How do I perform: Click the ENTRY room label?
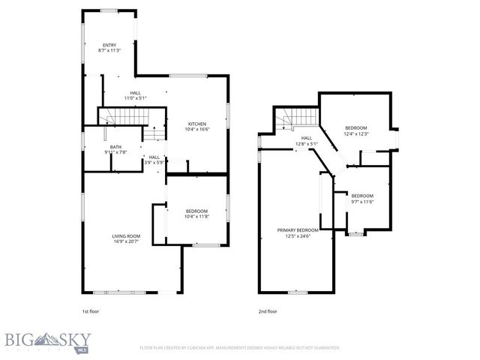point(109,45)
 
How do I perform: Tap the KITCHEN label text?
point(197,124)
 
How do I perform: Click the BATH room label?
point(115,147)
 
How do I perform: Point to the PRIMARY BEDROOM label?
point(298,229)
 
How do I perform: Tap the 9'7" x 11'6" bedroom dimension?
point(362,201)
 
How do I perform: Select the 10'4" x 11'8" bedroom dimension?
point(196,216)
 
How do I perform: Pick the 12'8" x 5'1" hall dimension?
point(307,143)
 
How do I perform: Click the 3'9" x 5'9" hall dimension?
point(154,162)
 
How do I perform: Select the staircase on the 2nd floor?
point(297,118)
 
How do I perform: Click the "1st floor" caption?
point(90,310)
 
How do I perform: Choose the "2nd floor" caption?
point(267,310)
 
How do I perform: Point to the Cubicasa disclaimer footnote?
point(240,348)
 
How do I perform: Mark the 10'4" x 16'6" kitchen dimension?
point(197,130)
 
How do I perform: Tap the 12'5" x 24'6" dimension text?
point(298,235)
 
